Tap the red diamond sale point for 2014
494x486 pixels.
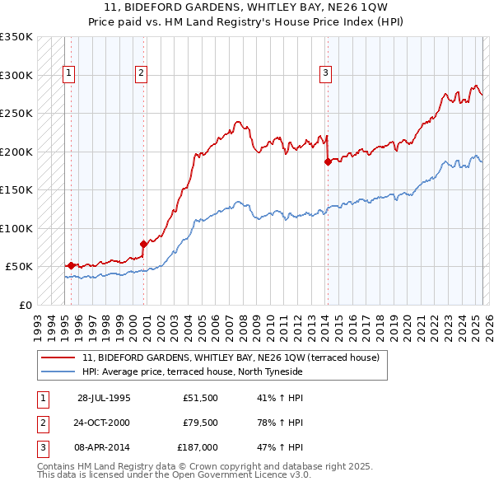328,161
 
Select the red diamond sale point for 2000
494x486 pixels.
143,244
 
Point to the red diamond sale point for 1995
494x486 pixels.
72,265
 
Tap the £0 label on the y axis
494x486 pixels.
25,305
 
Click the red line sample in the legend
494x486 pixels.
58,358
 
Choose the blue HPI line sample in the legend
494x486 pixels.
58,372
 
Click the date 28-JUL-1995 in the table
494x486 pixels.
104,397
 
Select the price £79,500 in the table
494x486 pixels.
200,423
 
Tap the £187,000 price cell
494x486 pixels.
198,447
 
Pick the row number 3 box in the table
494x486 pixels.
42,447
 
